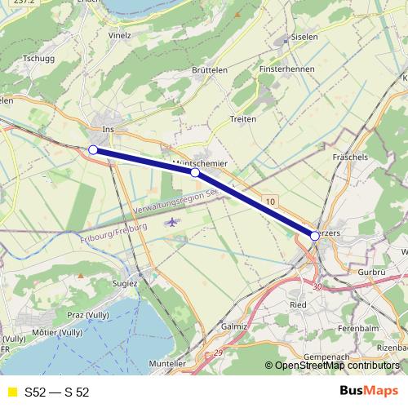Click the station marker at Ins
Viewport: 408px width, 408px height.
pos(93,149)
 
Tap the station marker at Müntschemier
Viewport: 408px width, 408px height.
pos(195,173)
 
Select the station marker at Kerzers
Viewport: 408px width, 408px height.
pos(315,235)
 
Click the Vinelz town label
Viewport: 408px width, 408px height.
pos(120,36)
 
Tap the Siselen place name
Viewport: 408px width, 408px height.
pos(304,38)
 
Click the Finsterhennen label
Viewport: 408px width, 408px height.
pos(286,69)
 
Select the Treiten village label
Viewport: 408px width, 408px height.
pos(243,119)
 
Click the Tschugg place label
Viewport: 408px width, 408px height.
pos(39,59)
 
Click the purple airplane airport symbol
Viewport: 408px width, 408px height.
pos(171,221)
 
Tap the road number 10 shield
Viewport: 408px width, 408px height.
pos(270,200)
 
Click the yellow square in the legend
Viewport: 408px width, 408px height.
pos(11,392)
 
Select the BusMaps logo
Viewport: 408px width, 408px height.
pos(363,392)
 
